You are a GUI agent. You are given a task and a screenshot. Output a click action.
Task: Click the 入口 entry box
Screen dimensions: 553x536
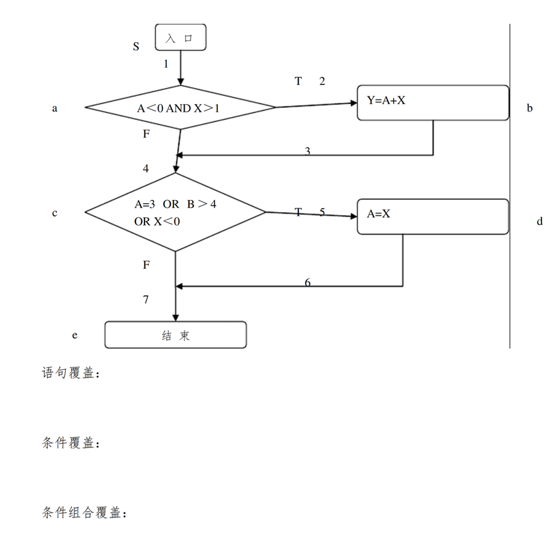click(180, 37)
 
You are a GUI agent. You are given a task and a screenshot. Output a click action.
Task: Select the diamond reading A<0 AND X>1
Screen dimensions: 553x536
click(180, 107)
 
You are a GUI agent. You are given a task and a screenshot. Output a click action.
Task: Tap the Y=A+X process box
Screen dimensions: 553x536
click(433, 103)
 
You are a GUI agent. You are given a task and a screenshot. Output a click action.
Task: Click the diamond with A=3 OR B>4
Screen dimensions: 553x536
click(175, 212)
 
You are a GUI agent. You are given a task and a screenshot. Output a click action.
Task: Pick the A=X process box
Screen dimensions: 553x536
click(433, 217)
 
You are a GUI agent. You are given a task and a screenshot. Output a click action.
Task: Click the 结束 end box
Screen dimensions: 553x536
click(176, 335)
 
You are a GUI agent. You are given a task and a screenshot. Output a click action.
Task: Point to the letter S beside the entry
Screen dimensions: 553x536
click(136, 47)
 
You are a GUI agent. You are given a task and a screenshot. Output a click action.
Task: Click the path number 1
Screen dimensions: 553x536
click(166, 64)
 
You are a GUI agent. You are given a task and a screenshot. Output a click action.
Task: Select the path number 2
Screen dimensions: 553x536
click(322, 81)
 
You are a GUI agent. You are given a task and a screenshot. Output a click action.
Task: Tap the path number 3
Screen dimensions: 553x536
click(308, 151)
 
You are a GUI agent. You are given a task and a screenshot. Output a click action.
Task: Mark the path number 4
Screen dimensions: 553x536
click(146, 169)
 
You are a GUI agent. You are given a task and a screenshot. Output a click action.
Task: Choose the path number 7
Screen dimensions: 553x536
click(146, 300)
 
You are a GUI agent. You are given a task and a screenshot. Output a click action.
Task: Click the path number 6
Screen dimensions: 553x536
click(308, 282)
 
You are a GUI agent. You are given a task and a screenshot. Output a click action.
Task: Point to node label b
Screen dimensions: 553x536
click(530, 108)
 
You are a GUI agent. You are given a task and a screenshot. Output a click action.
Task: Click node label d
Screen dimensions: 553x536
click(540, 221)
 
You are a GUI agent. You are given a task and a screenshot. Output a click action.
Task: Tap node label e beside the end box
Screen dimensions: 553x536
click(75, 335)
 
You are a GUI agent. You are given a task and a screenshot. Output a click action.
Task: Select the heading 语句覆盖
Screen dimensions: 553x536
click(68, 372)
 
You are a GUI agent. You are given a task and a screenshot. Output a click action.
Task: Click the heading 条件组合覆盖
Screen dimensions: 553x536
click(81, 512)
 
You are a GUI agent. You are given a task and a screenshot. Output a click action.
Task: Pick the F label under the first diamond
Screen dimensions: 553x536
click(146, 134)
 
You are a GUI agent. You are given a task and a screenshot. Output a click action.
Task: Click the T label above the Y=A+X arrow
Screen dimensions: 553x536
click(299, 81)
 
